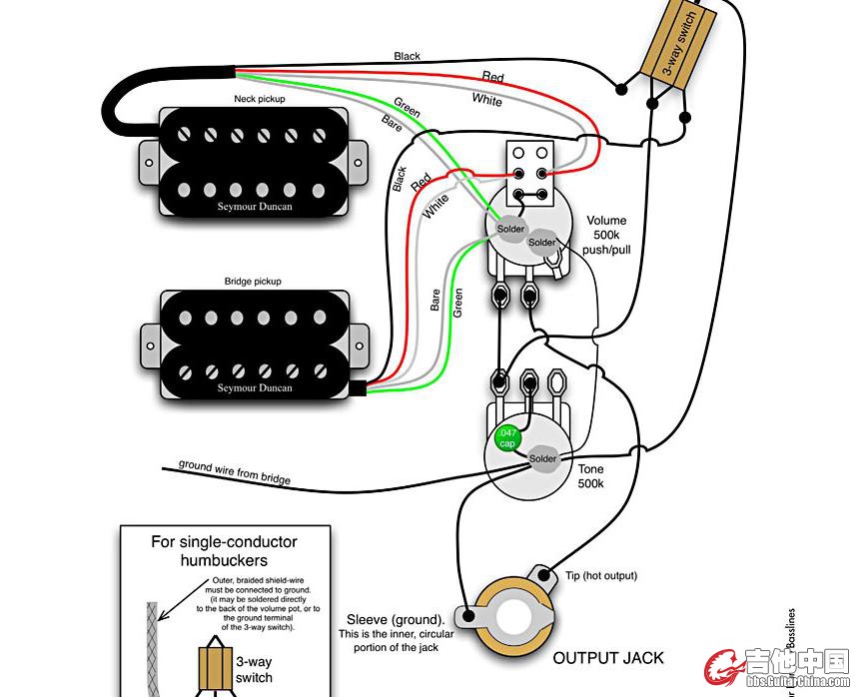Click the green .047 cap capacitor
point(508,437)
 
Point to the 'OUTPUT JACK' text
point(607,658)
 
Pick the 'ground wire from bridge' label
point(235,472)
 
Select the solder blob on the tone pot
point(543,458)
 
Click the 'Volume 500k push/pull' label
point(606,236)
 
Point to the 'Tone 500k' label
point(589,475)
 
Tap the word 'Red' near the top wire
point(493,77)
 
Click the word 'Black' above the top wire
point(408,57)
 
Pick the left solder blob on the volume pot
point(510,229)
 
